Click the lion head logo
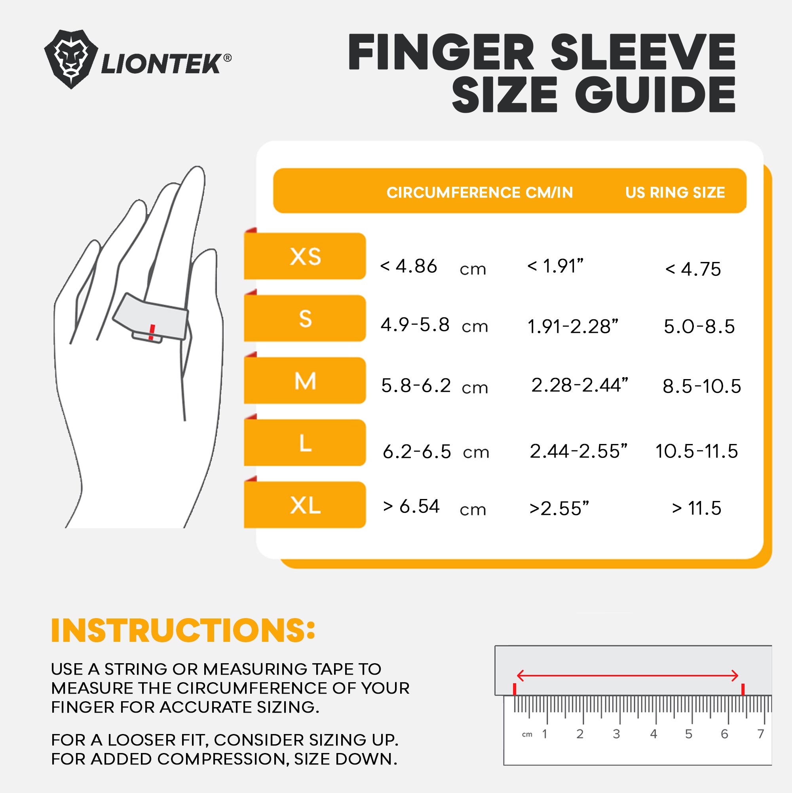click(x=70, y=59)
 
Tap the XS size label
click(x=305, y=256)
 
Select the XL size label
click(x=305, y=505)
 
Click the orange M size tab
click(x=305, y=381)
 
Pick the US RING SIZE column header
click(x=675, y=192)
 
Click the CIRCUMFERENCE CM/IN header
click(x=480, y=192)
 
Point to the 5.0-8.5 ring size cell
click(x=699, y=327)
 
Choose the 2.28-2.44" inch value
click(x=579, y=385)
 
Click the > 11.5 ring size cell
click(x=696, y=508)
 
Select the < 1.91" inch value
click(x=555, y=266)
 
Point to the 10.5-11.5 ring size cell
click(x=697, y=451)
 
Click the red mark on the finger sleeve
click(x=152, y=332)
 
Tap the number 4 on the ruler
click(x=653, y=734)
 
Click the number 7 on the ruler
click(x=761, y=734)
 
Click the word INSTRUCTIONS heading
click(x=183, y=630)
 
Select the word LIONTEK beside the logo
click(x=161, y=64)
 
